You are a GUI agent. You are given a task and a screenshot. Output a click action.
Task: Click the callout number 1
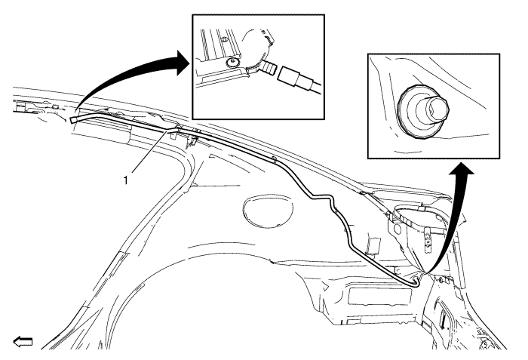pos(126,180)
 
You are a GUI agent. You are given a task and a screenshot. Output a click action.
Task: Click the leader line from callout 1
pos(148,152)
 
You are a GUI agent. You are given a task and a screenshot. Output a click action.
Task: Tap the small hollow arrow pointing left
pos(23,341)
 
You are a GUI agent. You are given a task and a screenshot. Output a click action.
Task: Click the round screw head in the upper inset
pos(232,62)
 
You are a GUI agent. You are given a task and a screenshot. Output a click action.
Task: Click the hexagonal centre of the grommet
pos(437,108)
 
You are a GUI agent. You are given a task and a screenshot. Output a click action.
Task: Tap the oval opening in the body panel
pos(267,208)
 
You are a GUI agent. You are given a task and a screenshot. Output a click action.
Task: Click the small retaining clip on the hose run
pos(274,159)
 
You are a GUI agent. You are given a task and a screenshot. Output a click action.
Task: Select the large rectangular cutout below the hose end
pos(380,296)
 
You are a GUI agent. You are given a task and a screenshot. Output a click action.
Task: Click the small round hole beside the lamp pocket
pos(398,229)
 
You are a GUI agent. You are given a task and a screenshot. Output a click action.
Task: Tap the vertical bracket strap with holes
pos(428,241)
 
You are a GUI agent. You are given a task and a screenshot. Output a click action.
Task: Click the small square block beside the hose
pos(374,244)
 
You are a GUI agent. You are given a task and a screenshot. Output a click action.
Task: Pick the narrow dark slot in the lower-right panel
pos(443,318)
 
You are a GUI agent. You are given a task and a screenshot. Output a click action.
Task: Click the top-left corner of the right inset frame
pos(368,54)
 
